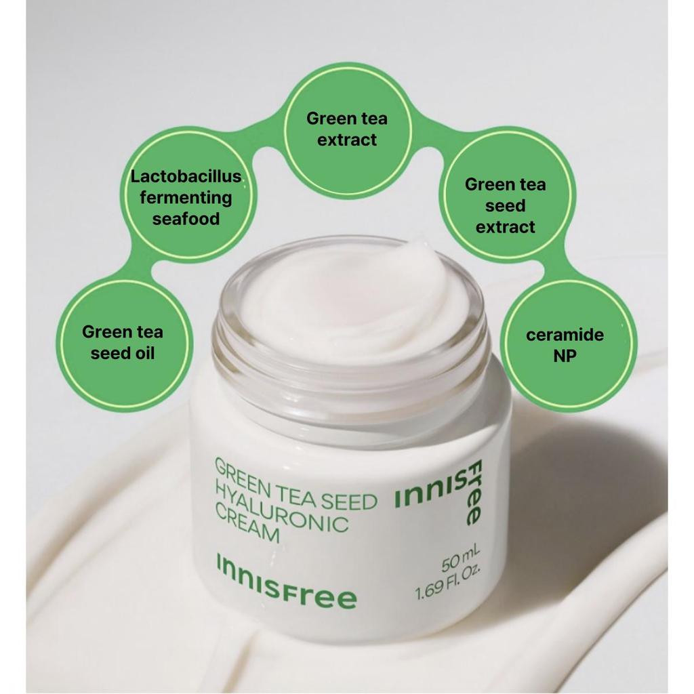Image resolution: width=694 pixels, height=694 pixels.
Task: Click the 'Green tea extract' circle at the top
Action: pyautogui.click(x=346, y=129)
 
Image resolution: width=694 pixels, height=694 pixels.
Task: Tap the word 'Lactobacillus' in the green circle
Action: pyautogui.click(x=186, y=177)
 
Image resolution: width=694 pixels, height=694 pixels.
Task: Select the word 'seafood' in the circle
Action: pyautogui.click(x=186, y=219)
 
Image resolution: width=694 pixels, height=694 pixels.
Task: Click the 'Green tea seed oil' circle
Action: pyautogui.click(x=123, y=342)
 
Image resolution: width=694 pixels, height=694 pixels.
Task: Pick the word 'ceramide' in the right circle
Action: pyautogui.click(x=565, y=335)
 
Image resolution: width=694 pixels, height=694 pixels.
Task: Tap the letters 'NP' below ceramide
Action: pyautogui.click(x=565, y=356)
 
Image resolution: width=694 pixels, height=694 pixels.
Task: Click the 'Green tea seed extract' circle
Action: pyautogui.click(x=505, y=205)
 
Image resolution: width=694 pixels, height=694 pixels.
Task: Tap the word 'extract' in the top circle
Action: pyautogui.click(x=346, y=140)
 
